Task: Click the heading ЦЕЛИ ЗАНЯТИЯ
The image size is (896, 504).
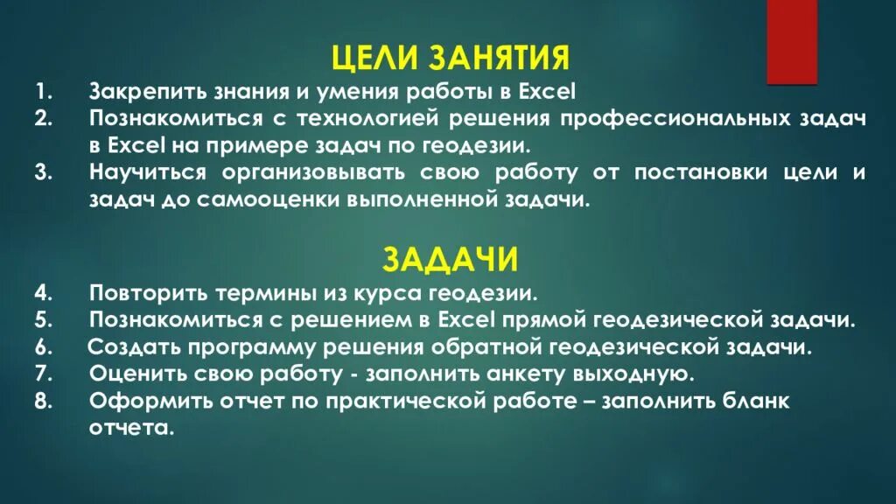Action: pos(451,59)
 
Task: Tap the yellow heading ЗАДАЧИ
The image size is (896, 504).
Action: pos(451,260)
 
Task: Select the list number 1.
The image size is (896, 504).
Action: pos(44,91)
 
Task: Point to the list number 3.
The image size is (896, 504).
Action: pos(45,172)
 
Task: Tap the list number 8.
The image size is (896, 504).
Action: pos(45,402)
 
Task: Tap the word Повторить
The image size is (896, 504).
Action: pos(136,291)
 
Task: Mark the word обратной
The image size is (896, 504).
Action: pos(473,346)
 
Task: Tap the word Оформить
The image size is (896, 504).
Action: pos(137,402)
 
